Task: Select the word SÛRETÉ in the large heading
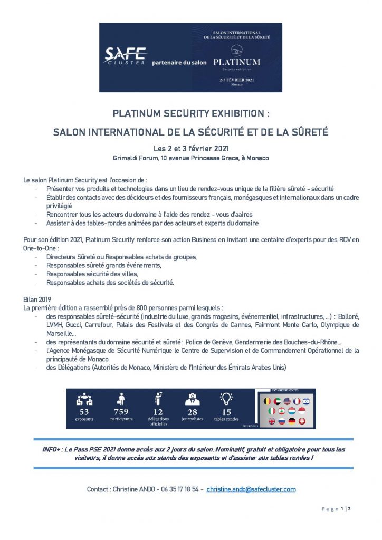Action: pos(309,132)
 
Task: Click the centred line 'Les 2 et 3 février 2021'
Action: pos(190,148)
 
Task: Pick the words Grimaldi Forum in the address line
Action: pos(133,158)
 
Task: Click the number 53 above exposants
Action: pos(84,411)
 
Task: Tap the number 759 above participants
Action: pos(121,411)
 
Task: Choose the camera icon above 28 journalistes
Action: pos(192,399)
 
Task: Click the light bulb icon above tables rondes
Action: pos(226,399)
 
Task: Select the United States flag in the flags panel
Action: pos(287,401)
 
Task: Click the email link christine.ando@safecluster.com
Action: pos(251,489)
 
